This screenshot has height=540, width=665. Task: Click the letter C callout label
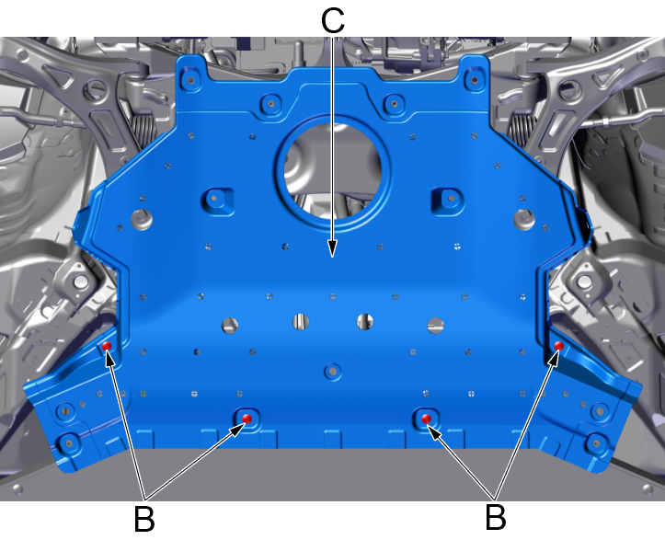(x=333, y=20)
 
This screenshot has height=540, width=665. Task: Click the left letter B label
(x=144, y=518)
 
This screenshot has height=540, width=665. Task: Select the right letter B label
(x=496, y=517)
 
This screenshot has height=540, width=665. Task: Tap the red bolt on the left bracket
(x=107, y=346)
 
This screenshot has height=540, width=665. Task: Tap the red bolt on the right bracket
(x=559, y=346)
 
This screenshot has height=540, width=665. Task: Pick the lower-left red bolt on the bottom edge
(x=247, y=419)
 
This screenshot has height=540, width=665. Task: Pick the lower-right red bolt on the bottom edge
(x=427, y=419)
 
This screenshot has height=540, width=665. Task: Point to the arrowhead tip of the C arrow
(x=333, y=257)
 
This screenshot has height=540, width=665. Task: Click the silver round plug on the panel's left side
(x=142, y=219)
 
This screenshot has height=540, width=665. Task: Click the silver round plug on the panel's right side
(x=524, y=219)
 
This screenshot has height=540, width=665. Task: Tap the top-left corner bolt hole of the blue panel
(x=190, y=80)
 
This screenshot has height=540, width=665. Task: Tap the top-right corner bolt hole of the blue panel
(x=475, y=80)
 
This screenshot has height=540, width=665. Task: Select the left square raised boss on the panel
(x=218, y=201)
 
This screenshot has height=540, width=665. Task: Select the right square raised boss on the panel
(x=447, y=201)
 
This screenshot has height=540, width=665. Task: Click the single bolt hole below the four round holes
(x=333, y=372)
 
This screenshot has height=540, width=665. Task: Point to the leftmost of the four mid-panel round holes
(x=230, y=326)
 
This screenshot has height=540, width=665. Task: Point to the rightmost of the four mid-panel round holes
(x=436, y=326)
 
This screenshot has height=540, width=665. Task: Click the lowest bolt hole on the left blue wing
(x=68, y=443)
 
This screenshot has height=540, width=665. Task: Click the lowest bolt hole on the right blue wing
(x=596, y=443)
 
